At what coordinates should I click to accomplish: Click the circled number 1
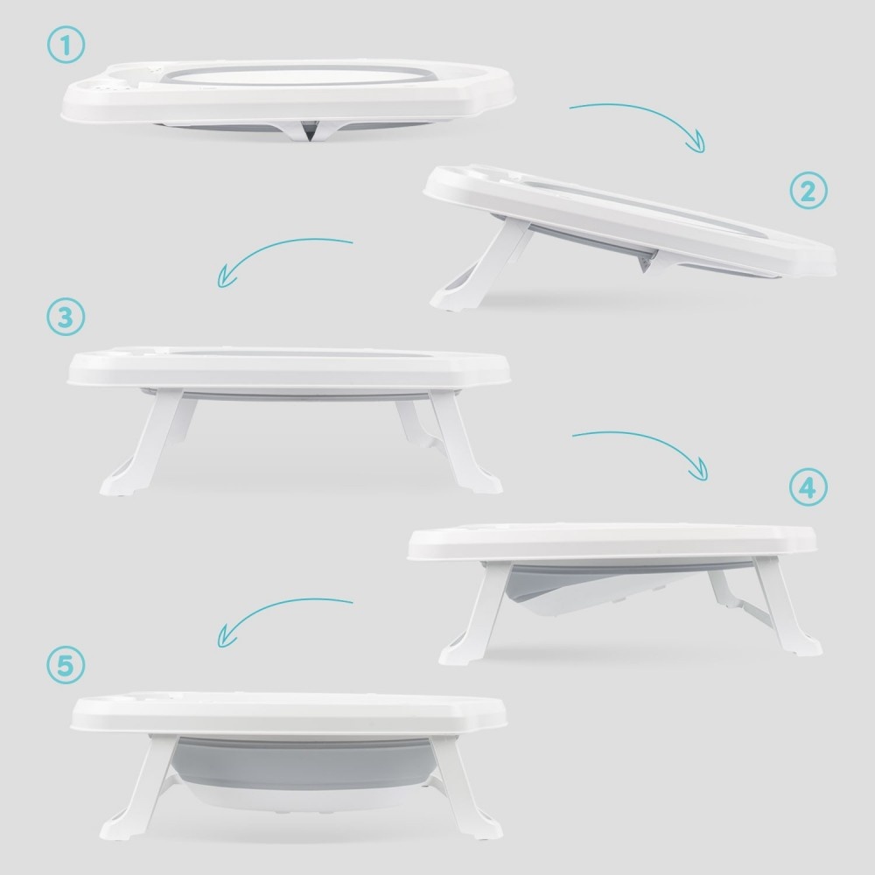[66, 45]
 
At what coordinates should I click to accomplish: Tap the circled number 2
[808, 191]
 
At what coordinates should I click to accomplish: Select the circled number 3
[66, 317]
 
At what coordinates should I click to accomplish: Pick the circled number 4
[808, 487]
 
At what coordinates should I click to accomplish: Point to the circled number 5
[66, 665]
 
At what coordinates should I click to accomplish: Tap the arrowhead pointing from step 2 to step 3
[225, 277]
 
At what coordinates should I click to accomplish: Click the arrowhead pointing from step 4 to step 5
[225, 637]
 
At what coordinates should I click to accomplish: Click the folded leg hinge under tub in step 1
[309, 130]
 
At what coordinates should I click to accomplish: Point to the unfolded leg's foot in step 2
[450, 298]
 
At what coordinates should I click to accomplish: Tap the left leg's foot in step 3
[119, 485]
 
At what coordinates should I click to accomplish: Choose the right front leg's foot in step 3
[484, 482]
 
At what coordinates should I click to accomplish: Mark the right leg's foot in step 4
[803, 646]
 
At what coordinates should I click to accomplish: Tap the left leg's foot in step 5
[118, 828]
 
